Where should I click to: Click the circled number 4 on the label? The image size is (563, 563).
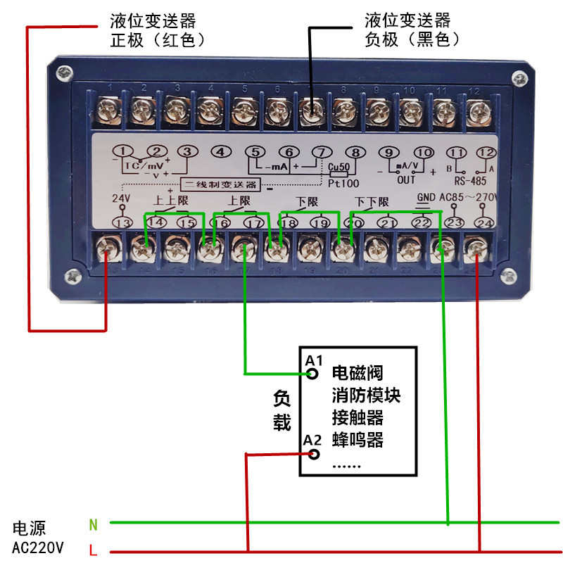coord(221,152)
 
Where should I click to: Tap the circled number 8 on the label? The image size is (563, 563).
coord(357,152)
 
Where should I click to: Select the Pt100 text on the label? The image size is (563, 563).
coord(342,182)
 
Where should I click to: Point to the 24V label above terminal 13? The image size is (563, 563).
coord(122,198)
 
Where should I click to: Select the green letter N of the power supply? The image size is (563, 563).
coord(93,524)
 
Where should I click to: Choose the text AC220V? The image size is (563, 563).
coord(38,547)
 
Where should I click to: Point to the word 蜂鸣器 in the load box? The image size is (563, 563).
coord(358,441)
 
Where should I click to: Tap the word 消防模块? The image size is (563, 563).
coord(366,395)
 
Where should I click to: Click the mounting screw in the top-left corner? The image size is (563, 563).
coord(65,71)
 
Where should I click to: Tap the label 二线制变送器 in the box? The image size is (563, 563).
coord(220,185)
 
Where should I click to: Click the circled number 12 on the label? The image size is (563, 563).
coord(486,152)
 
